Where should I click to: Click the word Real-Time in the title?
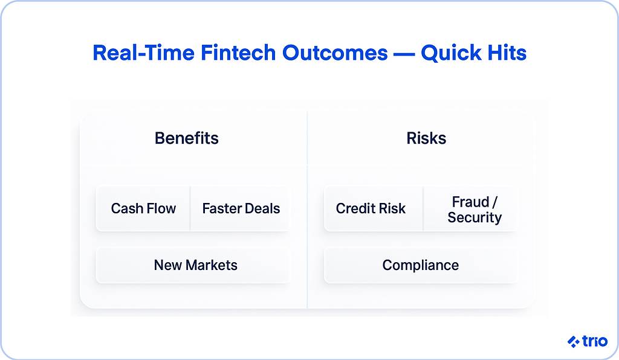[143, 53]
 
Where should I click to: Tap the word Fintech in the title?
[238, 53]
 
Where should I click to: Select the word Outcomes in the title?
[335, 53]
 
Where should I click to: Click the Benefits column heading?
[186, 138]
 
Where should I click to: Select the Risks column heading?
[426, 138]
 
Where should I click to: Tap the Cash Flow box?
[143, 208]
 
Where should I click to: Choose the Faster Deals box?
[241, 208]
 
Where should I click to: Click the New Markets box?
[193, 265]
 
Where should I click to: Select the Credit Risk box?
[374, 208]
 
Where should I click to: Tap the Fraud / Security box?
[472, 208]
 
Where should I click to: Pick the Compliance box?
[421, 265]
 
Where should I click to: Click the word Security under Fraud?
[475, 217]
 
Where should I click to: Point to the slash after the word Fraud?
[494, 202]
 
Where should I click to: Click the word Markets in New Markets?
[212, 265]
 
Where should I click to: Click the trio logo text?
[595, 341]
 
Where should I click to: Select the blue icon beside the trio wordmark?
[574, 341]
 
